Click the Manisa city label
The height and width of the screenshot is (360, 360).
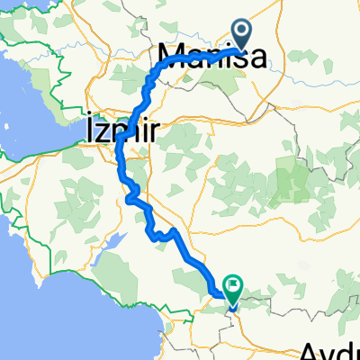(x=212, y=58)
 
